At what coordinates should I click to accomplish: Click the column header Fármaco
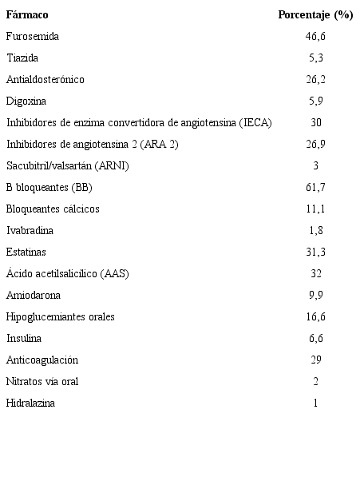(26, 15)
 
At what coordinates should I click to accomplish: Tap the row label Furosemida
(32, 37)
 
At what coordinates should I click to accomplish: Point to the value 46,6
(315, 37)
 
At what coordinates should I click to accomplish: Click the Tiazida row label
(22, 58)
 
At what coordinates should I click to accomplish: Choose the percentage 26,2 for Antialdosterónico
(315, 80)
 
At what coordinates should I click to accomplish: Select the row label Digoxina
(26, 101)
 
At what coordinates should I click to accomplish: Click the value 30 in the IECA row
(315, 123)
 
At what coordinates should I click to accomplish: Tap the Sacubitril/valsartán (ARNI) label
(67, 166)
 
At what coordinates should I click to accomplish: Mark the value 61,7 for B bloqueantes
(315, 188)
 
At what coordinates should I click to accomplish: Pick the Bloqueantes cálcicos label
(53, 209)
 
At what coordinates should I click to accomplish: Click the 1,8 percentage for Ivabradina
(315, 231)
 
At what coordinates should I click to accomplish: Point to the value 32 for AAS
(315, 274)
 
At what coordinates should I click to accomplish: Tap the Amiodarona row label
(33, 296)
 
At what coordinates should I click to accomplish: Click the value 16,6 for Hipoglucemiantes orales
(315, 317)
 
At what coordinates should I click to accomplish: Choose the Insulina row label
(23, 339)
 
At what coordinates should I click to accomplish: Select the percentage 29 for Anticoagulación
(315, 360)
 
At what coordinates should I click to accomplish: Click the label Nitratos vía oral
(42, 382)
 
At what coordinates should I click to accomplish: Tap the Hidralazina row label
(30, 403)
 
